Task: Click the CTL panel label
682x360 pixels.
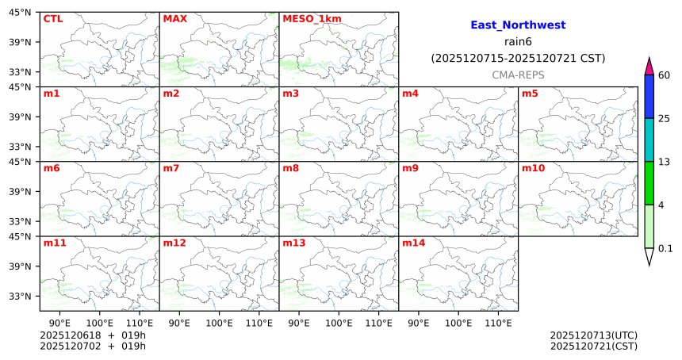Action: point(52,18)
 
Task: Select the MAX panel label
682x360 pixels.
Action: point(174,18)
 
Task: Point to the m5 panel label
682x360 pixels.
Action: point(530,94)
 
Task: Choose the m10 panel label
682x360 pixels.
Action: point(533,168)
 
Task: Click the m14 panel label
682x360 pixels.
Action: point(413,243)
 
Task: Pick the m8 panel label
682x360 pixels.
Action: point(290,168)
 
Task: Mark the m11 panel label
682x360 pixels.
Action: point(55,243)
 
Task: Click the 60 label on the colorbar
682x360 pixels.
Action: point(665,75)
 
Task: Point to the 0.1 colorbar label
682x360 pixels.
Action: point(666,248)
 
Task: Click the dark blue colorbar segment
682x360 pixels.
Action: point(649,97)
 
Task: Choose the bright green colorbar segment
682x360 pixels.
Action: point(649,183)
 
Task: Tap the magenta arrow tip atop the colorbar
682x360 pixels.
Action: point(649,65)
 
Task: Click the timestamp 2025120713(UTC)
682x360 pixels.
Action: point(593,335)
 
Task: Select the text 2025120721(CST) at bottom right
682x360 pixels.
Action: point(593,346)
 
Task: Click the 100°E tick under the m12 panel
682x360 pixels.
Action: point(219,323)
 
